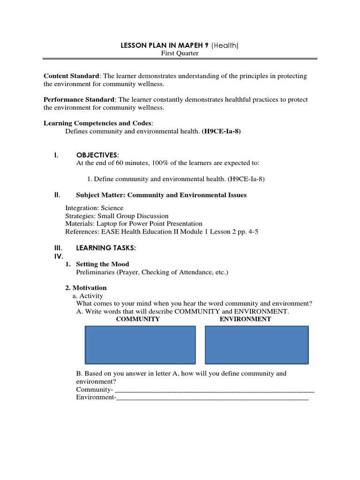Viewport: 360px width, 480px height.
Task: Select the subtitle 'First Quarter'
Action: pos(180,53)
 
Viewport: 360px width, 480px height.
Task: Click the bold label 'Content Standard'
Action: pos(72,76)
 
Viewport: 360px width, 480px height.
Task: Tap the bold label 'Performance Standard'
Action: pos(79,100)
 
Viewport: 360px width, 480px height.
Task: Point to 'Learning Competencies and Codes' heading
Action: pos(98,123)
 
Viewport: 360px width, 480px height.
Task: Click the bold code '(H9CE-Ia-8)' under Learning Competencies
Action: pos(221,131)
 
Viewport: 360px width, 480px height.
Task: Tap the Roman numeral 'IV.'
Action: pos(57,256)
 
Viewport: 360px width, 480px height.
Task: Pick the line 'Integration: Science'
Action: pos(94,208)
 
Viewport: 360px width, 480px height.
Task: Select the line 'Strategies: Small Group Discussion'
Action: pos(117,216)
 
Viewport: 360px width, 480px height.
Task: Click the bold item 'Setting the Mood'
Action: pos(102,264)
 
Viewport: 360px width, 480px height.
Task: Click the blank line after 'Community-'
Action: pos(214,390)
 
